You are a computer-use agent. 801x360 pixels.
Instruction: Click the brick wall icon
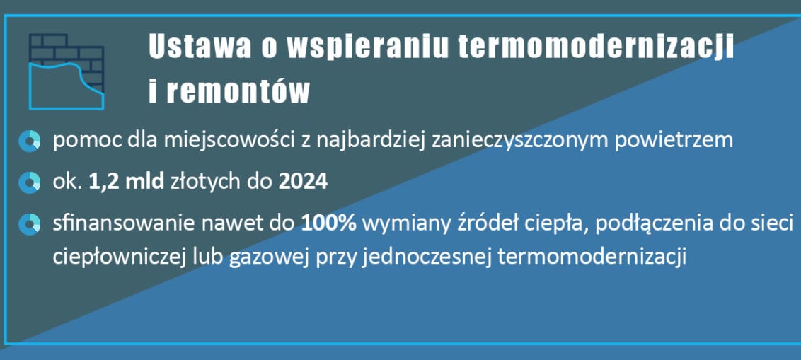[x=67, y=71]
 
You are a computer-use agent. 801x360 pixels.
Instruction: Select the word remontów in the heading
[x=238, y=91]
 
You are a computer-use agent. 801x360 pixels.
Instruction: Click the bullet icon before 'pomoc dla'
[x=29, y=141]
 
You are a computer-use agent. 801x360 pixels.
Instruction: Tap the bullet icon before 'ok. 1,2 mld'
[x=29, y=182]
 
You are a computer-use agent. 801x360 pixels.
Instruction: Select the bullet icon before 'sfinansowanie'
[x=29, y=224]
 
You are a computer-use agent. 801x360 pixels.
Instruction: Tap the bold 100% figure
[x=328, y=223]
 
